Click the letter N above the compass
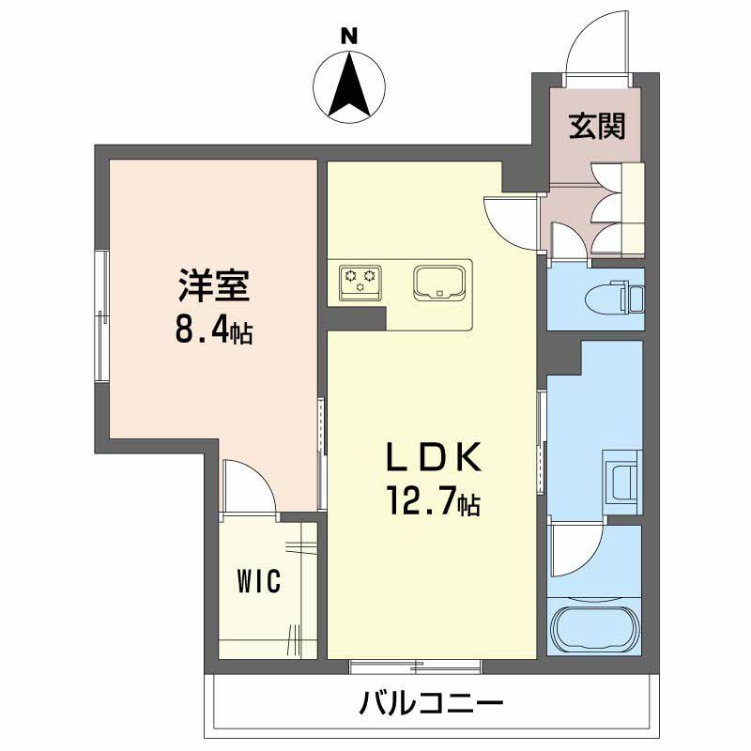click(x=349, y=37)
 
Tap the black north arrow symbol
click(x=349, y=85)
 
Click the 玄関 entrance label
click(x=596, y=125)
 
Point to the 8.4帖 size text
click(x=214, y=330)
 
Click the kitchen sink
click(x=438, y=282)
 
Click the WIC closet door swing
click(x=249, y=488)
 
